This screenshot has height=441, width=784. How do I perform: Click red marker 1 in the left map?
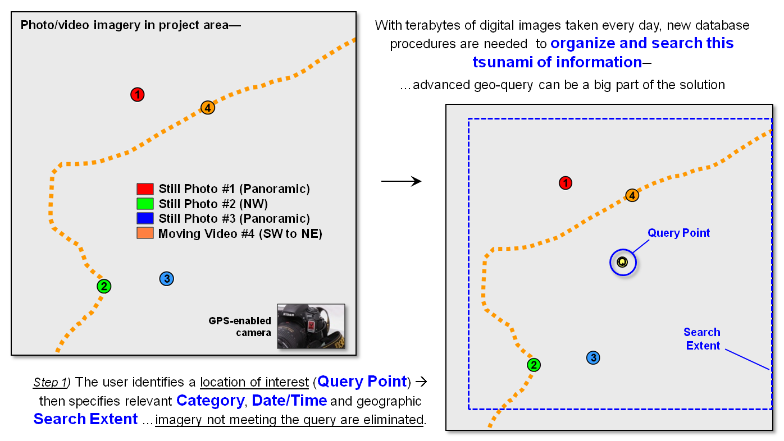(138, 95)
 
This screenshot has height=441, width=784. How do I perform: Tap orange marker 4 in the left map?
(208, 107)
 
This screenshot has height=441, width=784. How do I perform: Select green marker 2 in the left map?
(104, 286)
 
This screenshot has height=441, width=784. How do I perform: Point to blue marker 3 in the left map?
(166, 278)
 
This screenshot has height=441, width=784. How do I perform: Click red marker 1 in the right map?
(566, 183)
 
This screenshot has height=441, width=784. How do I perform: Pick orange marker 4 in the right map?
(632, 195)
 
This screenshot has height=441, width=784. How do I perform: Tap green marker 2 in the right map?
(534, 365)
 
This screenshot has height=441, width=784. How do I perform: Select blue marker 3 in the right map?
(593, 357)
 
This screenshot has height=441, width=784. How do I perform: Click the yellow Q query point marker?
(622, 262)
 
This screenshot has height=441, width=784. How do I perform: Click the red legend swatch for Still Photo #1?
(145, 189)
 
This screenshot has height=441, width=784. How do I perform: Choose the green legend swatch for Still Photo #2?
(145, 204)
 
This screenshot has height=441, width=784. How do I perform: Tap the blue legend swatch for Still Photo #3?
(145, 218)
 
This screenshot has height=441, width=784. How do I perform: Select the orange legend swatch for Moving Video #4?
(145, 233)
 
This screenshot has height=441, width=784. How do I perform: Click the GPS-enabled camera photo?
(311, 326)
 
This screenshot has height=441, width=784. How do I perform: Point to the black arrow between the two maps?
(401, 181)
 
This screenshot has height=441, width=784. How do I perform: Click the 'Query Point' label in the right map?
(678, 233)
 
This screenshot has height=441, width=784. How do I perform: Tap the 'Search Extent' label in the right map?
(702, 339)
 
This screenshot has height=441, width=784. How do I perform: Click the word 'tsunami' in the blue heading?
(500, 62)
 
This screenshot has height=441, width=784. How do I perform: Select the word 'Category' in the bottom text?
(210, 401)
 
